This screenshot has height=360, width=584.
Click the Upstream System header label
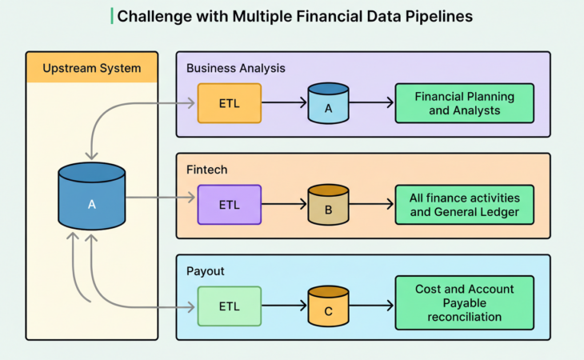(91, 68)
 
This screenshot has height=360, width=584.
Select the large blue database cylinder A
(91, 196)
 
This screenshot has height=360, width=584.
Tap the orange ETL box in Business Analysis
(229, 103)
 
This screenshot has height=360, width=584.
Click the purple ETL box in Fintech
(229, 205)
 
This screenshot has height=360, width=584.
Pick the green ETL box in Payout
(229, 306)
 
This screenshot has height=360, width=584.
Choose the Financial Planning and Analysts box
(464, 103)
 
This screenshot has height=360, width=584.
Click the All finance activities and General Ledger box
(464, 205)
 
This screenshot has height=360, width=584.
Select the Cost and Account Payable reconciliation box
(464, 303)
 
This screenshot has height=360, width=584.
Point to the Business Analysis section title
(235, 68)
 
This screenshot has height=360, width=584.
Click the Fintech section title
(206, 170)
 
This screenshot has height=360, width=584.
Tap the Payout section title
(205, 271)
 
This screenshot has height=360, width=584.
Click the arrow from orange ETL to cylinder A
(284, 103)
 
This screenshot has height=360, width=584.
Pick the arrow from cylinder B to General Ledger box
(371, 205)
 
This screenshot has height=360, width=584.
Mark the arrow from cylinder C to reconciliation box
(371, 306)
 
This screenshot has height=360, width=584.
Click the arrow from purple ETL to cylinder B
(284, 205)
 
